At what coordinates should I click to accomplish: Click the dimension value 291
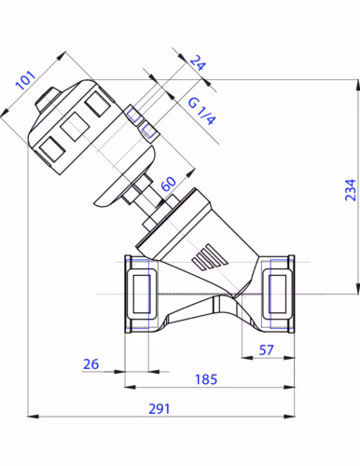(x=159, y=408)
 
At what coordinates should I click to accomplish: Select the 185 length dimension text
(x=206, y=379)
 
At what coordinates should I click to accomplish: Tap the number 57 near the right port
(x=266, y=350)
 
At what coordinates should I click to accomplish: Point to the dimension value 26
(x=90, y=364)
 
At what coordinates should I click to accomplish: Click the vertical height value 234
(x=351, y=190)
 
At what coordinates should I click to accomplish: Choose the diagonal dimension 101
(x=26, y=80)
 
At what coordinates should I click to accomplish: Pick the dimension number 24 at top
(x=198, y=62)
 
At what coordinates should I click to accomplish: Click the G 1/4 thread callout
(x=201, y=111)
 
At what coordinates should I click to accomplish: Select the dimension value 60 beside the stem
(x=169, y=184)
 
